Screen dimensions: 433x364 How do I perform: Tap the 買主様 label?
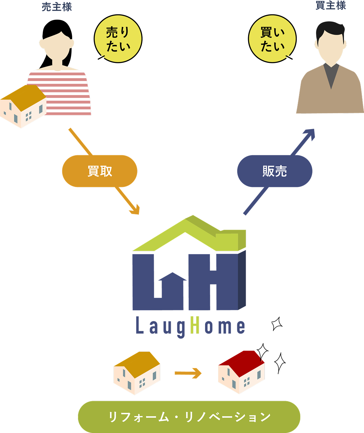click(x=331, y=5)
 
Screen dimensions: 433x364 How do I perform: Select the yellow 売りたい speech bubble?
click(x=118, y=39)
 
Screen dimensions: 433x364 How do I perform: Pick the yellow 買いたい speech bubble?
click(x=272, y=39)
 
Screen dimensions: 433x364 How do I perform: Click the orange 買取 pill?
click(x=100, y=171)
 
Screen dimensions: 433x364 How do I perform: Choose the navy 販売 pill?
click(x=275, y=171)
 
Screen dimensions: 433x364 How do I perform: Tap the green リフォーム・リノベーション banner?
click(x=189, y=417)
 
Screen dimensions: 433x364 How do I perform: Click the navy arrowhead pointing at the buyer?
click(x=309, y=134)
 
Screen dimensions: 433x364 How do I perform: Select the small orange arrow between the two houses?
click(x=188, y=373)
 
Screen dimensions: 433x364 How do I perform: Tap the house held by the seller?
click(x=23, y=106)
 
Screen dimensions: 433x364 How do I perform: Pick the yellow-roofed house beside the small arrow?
click(x=137, y=373)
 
